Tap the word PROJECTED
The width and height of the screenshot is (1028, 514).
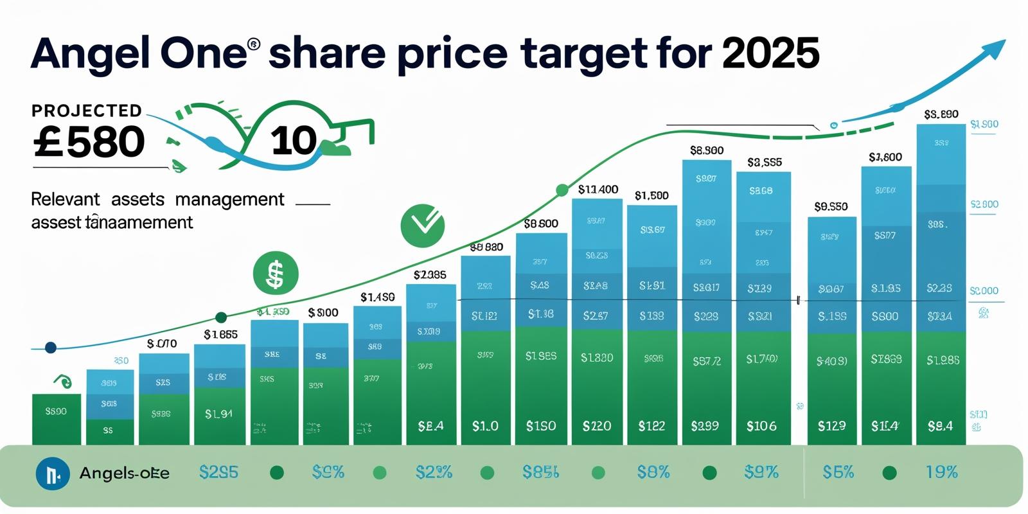click(87, 111)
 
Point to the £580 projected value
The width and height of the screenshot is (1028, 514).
click(89, 142)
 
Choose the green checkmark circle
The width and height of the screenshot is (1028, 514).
click(422, 226)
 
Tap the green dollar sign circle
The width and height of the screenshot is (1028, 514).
click(276, 273)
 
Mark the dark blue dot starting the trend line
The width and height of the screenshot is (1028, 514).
click(51, 348)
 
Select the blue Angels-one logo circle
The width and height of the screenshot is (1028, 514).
click(53, 474)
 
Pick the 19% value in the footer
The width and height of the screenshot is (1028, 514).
click(941, 473)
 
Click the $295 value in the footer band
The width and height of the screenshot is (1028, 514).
click(218, 473)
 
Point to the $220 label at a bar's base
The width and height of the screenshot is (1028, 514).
click(596, 426)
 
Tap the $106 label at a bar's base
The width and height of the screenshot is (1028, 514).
click(761, 426)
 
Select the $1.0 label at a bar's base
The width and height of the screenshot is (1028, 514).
click(485, 426)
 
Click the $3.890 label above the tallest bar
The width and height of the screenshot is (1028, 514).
click(941, 114)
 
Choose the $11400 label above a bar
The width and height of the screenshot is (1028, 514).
click(598, 190)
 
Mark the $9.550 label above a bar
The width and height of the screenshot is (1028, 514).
click(831, 207)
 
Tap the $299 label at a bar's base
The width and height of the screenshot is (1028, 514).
click(705, 426)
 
